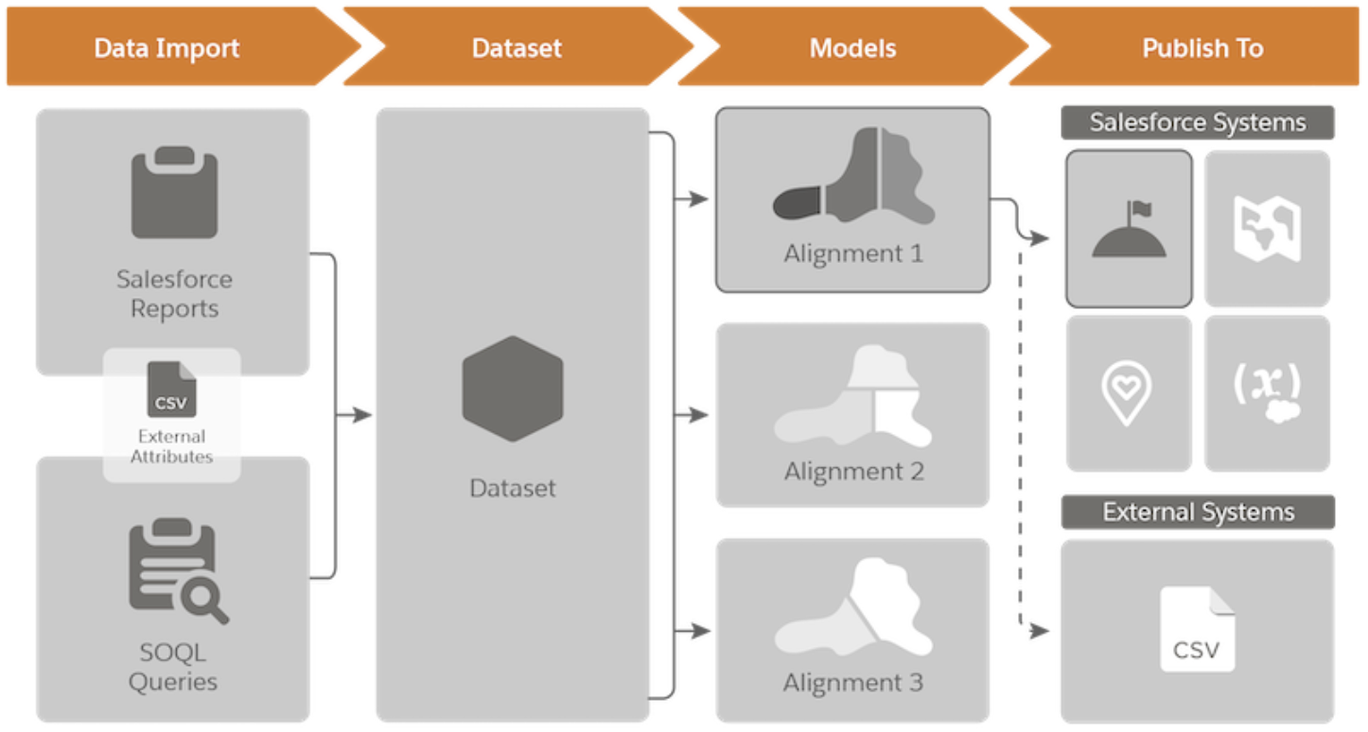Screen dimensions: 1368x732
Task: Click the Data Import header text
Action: click(167, 48)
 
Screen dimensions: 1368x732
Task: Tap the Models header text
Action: click(852, 48)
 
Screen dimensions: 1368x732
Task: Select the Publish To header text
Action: click(1202, 48)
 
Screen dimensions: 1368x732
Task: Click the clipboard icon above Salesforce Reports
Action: click(175, 192)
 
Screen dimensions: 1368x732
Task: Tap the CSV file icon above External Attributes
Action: click(171, 389)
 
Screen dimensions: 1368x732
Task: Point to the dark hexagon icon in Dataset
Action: click(513, 389)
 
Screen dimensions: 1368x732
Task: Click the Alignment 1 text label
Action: click(853, 253)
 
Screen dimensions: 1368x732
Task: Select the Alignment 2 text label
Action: click(853, 471)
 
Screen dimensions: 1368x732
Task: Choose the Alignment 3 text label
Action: click(853, 683)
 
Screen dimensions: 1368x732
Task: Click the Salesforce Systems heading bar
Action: click(1198, 123)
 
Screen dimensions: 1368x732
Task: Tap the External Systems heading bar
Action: click(1198, 512)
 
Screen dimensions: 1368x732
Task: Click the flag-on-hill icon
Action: click(1129, 229)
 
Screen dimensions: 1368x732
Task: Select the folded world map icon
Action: click(1267, 228)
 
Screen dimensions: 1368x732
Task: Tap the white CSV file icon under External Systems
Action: click(1197, 629)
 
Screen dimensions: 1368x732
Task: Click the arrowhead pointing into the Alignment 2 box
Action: click(698, 415)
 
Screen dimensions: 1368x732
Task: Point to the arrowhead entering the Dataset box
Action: click(362, 415)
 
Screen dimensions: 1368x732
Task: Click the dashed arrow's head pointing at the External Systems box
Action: click(1039, 630)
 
